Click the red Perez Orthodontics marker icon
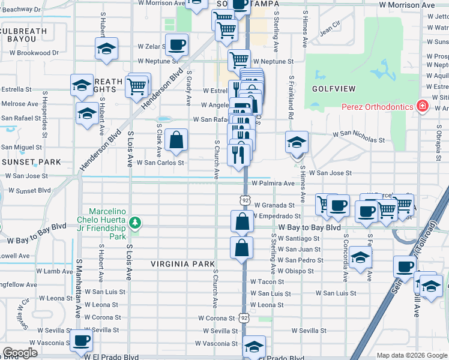click(x=423, y=107)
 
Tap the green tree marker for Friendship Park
click(x=136, y=223)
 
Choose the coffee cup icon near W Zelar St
click(x=177, y=44)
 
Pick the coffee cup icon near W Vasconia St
click(x=81, y=340)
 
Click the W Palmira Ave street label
click(x=273, y=183)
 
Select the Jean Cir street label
click(x=330, y=28)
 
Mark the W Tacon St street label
click(x=267, y=281)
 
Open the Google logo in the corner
click(x=20, y=353)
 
